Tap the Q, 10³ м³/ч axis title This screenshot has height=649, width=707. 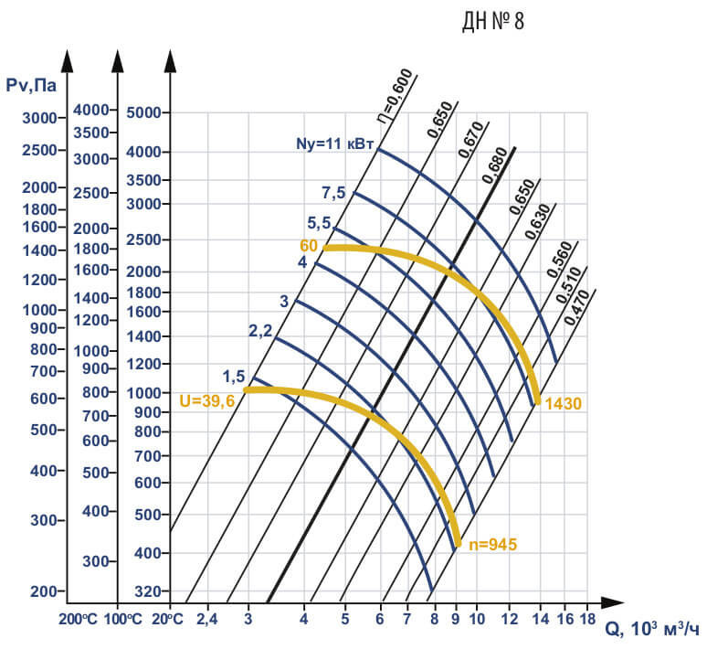tap(653, 630)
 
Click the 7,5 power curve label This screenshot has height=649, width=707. tap(333, 192)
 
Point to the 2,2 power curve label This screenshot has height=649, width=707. tap(260, 331)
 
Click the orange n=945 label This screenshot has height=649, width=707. tap(492, 545)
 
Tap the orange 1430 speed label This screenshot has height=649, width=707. tap(564, 403)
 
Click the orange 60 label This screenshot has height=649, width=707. tap(308, 246)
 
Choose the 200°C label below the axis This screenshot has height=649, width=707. tap(78, 618)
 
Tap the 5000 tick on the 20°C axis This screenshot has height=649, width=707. tap(143, 113)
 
